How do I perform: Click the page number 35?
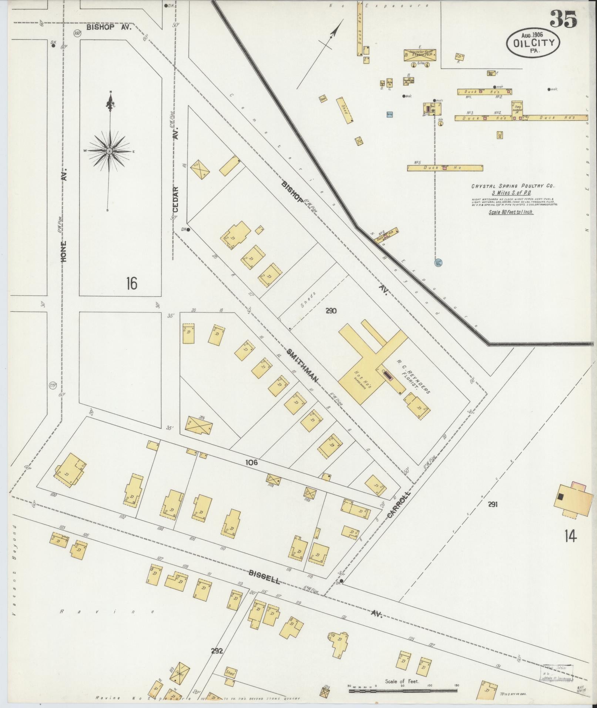point(563,19)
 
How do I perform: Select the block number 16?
point(131,283)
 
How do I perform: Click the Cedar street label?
point(175,199)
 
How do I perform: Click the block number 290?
point(331,311)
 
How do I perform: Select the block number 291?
point(492,504)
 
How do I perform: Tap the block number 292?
point(217,651)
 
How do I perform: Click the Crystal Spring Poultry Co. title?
point(513,187)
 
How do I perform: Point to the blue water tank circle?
point(439,262)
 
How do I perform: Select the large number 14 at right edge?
point(570,536)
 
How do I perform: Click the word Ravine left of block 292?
point(107,612)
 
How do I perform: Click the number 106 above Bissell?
point(251,462)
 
